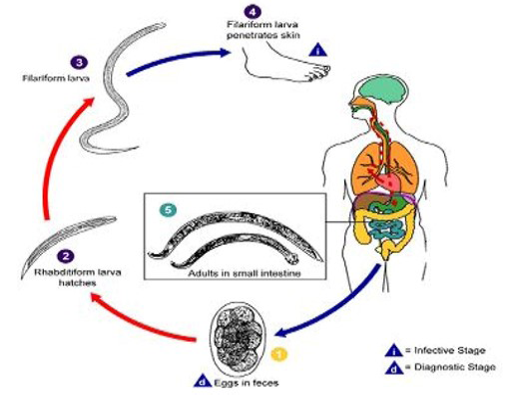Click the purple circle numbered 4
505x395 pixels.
[252, 12]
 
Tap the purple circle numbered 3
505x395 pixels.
[79, 63]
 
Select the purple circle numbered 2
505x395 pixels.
[66, 256]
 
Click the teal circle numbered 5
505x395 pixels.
[168, 210]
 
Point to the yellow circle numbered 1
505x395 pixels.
[278, 355]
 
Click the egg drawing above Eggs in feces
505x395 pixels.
[238, 337]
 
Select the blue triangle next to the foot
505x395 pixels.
[318, 50]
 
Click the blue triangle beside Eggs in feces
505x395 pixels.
[203, 381]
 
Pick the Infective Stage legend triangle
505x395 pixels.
[394, 350]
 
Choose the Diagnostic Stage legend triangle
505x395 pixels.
[394, 367]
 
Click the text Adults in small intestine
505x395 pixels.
[245, 273]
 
